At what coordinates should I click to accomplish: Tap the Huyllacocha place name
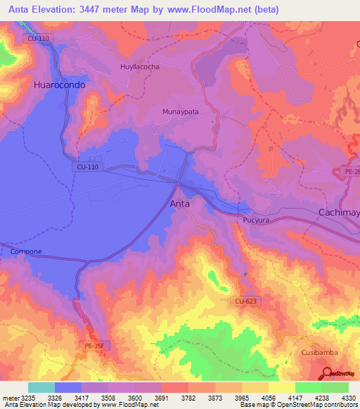pos(136,67)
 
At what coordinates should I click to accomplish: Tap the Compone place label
pos(26,252)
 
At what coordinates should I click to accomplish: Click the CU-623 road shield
pos(242,301)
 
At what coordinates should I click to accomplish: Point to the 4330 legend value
pos(347,397)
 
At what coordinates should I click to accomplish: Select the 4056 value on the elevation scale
pos(268,397)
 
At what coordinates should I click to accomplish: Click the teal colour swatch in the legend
pos(41,387)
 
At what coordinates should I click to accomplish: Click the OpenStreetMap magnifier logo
pos(327,372)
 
